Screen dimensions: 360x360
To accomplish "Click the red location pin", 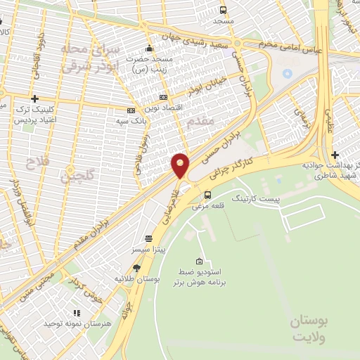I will [180, 165].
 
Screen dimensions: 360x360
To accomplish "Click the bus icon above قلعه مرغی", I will [207, 195].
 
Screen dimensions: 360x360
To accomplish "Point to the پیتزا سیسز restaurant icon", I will [148, 238].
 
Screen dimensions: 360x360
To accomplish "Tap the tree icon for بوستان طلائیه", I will [136, 268].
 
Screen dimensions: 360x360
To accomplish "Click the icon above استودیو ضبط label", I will [200, 261].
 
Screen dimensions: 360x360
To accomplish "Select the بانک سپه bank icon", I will [131, 110].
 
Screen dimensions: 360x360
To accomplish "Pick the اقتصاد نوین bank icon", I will [164, 97].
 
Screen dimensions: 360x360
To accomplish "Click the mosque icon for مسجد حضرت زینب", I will [149, 49].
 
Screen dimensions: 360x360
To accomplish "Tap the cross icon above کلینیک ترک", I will [34, 99].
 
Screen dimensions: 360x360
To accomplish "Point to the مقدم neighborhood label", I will [200, 122].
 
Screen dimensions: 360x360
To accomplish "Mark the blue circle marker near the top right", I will [287, 72].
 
